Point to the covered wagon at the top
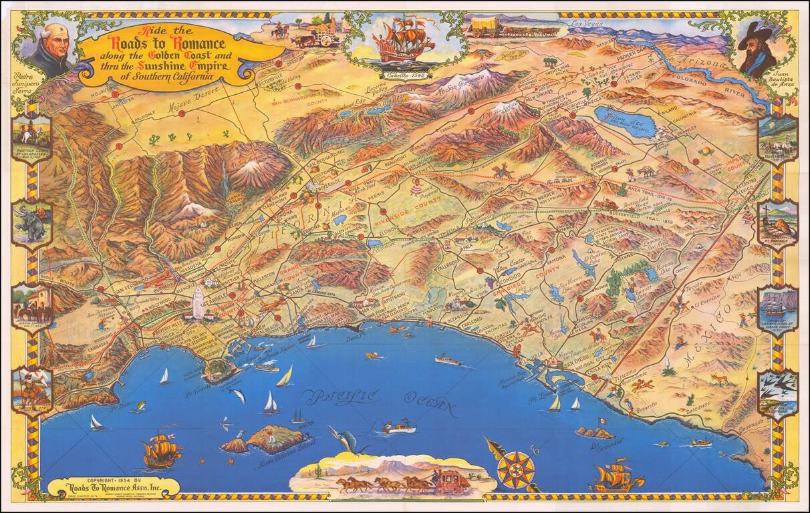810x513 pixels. pos(487,25)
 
